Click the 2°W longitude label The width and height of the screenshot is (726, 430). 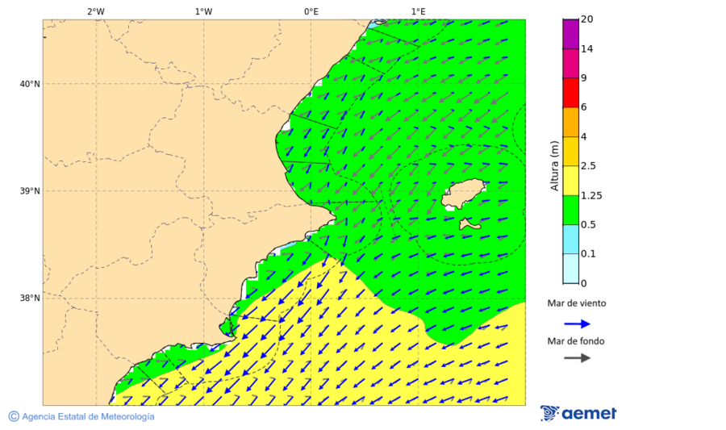(x=95, y=11)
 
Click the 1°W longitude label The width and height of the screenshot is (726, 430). (x=203, y=11)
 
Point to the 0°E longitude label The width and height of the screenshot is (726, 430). (x=311, y=11)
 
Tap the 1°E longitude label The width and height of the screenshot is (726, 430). (x=418, y=11)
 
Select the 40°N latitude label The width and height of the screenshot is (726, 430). (x=29, y=84)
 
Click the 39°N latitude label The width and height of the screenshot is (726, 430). (x=29, y=191)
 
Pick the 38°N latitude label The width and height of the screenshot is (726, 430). (x=29, y=298)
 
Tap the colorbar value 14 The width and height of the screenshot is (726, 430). (x=586, y=49)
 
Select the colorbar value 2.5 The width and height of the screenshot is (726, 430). (x=588, y=166)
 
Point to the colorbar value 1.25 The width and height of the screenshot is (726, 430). (x=590, y=195)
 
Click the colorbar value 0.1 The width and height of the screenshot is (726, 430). (x=588, y=254)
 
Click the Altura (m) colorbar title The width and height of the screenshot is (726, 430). (x=554, y=165)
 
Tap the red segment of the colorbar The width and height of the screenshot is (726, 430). (x=571, y=93)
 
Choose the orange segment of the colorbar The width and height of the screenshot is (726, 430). (x=571, y=122)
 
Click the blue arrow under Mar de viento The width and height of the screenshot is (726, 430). (x=577, y=324)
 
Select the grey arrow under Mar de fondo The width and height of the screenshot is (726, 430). (x=577, y=358)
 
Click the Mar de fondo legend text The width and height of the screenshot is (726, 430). (x=576, y=341)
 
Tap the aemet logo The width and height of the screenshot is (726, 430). (x=578, y=413)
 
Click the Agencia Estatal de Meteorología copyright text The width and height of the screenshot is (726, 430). (x=81, y=416)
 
